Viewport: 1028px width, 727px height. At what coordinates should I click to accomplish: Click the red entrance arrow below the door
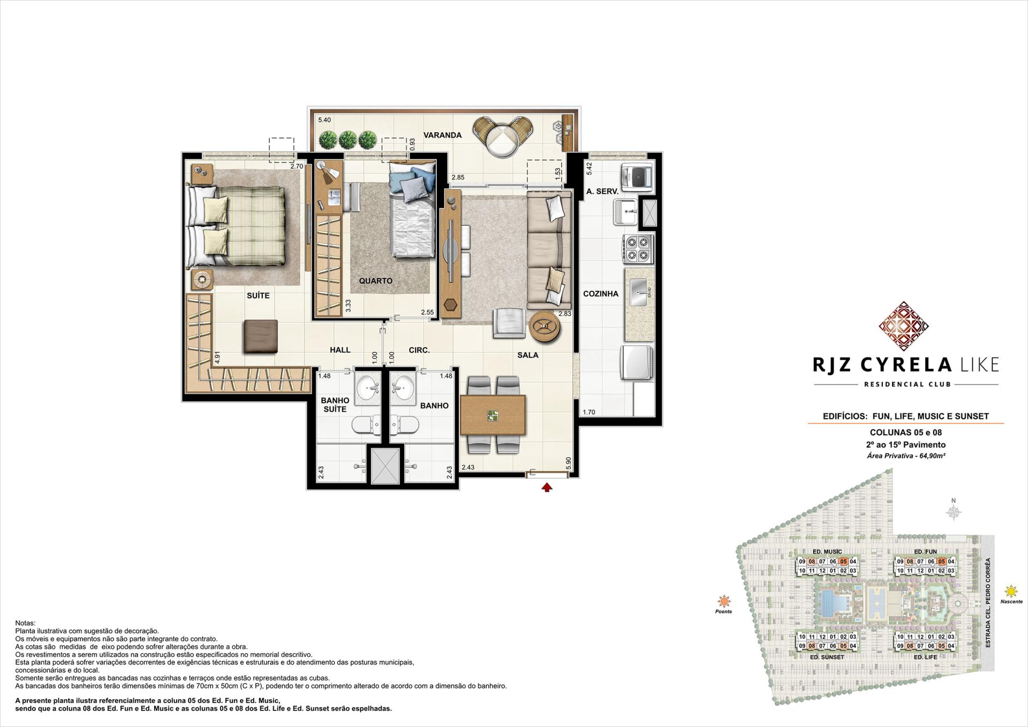[547, 487]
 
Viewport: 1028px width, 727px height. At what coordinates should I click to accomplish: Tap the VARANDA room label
[442, 135]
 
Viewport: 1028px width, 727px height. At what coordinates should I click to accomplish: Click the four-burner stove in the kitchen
[638, 249]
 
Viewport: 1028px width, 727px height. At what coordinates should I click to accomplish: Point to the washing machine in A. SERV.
[637, 178]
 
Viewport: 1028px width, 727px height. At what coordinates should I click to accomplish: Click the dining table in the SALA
[493, 415]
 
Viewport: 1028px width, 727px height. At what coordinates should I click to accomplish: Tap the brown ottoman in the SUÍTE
[260, 336]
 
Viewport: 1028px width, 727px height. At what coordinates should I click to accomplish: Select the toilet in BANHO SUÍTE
[366, 426]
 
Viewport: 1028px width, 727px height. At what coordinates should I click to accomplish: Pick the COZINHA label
[601, 293]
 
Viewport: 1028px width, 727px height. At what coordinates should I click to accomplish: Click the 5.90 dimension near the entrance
[569, 464]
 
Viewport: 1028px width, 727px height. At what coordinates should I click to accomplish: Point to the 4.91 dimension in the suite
[217, 358]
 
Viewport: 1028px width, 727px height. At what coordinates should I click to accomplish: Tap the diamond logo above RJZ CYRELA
[903, 326]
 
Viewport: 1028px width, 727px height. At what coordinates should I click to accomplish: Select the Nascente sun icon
[1011, 592]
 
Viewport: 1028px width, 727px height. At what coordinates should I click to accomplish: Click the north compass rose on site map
[954, 512]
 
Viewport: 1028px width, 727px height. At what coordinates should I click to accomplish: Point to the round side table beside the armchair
[545, 325]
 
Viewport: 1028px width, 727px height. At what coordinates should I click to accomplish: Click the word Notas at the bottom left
[25, 623]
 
